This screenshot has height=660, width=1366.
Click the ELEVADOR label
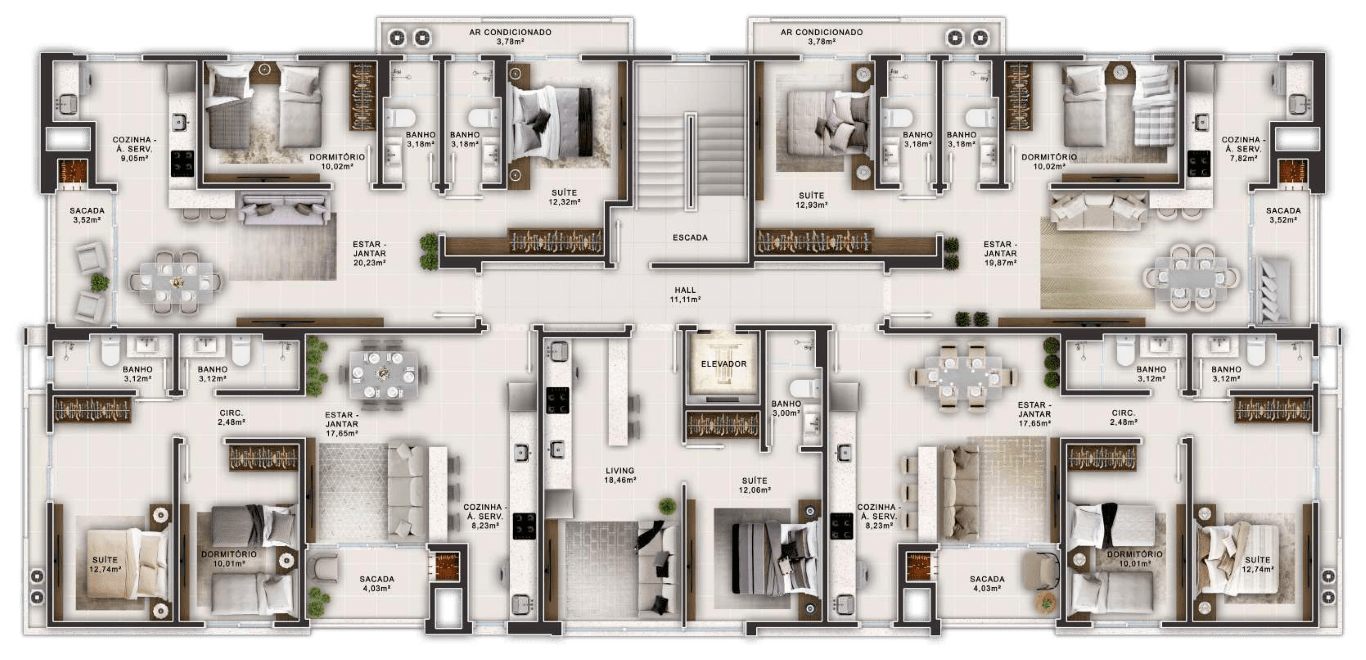(x=723, y=364)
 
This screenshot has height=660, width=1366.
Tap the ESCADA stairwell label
(x=690, y=238)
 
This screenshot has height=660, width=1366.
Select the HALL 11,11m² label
(x=685, y=295)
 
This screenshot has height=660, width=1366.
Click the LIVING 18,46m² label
(x=620, y=475)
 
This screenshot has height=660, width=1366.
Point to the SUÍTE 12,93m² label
(x=811, y=200)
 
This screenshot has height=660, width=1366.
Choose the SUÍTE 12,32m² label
(x=563, y=197)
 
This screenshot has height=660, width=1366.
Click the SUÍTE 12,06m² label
(x=754, y=485)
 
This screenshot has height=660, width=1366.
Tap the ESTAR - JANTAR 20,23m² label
(x=369, y=253)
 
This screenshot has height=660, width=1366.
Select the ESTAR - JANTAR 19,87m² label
(x=999, y=253)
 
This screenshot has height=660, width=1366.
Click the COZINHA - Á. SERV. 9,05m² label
(x=134, y=149)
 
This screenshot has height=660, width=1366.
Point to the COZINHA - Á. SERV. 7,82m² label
(x=1243, y=149)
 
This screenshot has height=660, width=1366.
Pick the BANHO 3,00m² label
(x=786, y=408)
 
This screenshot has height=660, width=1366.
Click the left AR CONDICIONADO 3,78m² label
(x=510, y=37)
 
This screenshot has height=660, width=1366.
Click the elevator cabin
(x=723, y=364)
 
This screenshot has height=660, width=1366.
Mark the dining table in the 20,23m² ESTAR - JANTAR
(x=176, y=282)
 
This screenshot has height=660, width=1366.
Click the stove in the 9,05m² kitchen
(x=182, y=163)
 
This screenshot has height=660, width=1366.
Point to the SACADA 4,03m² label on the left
(x=376, y=583)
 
